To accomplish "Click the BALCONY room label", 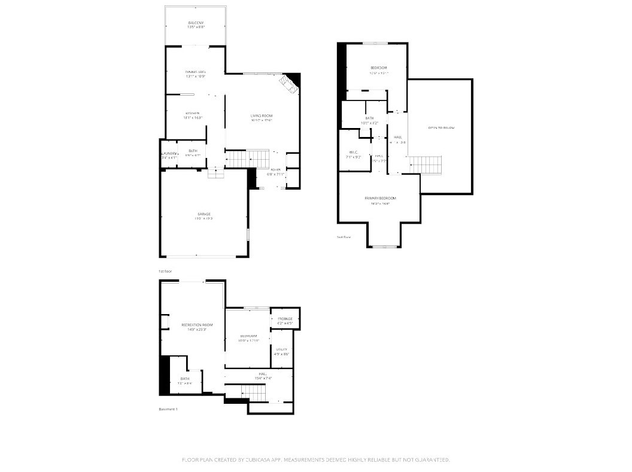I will point(195,22).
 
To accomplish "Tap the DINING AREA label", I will point(195,72).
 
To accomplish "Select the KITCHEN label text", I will point(192,112).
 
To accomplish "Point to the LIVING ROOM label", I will point(262,115).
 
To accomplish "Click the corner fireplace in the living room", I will point(291,84).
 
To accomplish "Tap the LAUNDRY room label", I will point(168,154).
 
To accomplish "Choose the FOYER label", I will point(275,170).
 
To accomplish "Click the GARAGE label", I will point(204,214).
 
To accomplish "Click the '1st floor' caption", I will point(165,272).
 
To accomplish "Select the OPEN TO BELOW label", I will point(441,128).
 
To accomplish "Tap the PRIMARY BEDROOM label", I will point(380,198).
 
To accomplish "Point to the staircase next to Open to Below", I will point(426,163).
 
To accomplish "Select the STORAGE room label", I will point(285,319).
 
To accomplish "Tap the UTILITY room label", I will point(282,349).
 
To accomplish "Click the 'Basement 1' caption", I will point(168,409).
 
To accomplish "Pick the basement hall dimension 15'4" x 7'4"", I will point(262,378).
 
